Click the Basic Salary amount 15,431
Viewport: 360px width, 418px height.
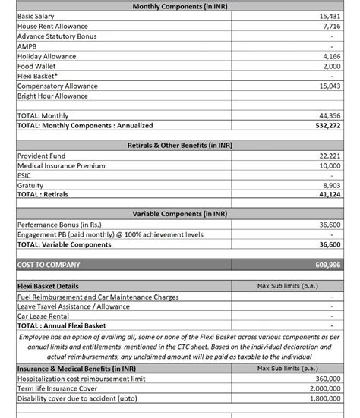(330, 16)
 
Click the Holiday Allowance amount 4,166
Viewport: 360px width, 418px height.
(332, 56)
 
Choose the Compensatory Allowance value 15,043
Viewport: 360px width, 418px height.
(330, 86)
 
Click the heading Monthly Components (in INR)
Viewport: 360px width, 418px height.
(179, 6)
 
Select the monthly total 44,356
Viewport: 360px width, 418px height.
(330, 116)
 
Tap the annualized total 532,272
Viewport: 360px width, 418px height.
(328, 125)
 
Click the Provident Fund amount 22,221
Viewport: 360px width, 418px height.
(330, 156)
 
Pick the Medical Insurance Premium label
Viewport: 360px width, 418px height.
(61, 165)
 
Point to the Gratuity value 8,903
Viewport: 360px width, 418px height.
(332, 185)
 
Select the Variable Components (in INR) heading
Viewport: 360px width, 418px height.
(179, 215)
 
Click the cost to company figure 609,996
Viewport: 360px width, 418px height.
(328, 266)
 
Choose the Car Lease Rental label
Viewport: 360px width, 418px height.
(43, 316)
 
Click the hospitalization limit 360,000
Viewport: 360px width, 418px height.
(327, 378)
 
